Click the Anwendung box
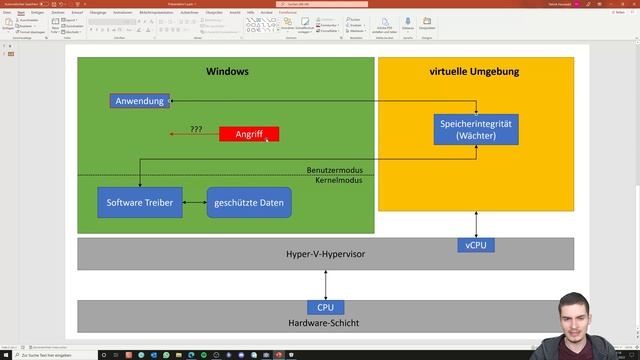click(139, 101)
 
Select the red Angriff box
click(249, 133)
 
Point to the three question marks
click(196, 130)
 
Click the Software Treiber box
click(139, 203)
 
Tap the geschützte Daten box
click(249, 203)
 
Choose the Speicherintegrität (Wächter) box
click(477, 129)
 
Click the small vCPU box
click(477, 245)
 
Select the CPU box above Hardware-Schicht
click(325, 308)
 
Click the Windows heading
click(227, 72)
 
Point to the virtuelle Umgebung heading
click(474, 72)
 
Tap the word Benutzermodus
click(335, 170)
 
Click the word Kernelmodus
click(338, 181)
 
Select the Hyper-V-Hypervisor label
click(325, 255)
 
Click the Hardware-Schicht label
click(325, 322)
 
